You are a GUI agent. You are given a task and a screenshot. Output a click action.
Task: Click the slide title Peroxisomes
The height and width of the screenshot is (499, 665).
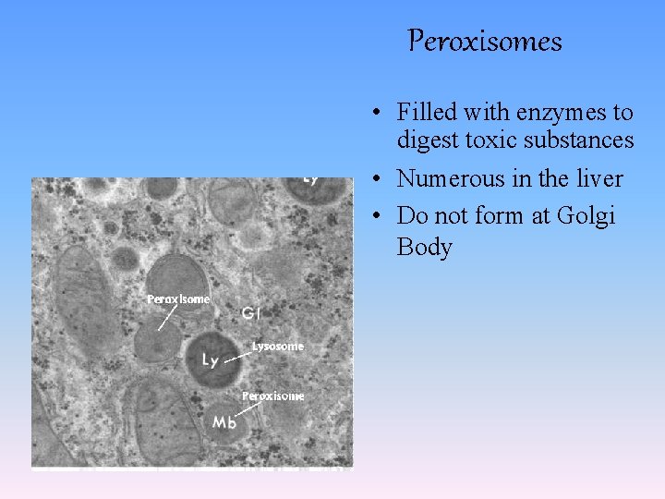(485, 42)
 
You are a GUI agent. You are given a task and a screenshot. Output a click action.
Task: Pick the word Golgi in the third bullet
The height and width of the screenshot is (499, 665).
(586, 216)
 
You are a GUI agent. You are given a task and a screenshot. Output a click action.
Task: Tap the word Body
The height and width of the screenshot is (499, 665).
(424, 248)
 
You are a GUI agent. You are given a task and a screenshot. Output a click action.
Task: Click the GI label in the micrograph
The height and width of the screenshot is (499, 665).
(251, 314)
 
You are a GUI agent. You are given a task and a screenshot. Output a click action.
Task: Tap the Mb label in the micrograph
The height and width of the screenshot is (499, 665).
(225, 422)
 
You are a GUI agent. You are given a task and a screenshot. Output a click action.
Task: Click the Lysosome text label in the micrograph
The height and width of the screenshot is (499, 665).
(278, 347)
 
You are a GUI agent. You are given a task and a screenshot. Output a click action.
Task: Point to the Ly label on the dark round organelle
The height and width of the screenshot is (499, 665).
(211, 359)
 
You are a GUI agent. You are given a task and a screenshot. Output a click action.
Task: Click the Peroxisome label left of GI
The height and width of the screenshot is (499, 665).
(178, 299)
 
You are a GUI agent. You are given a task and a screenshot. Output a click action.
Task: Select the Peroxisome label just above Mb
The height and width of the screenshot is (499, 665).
(272, 396)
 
